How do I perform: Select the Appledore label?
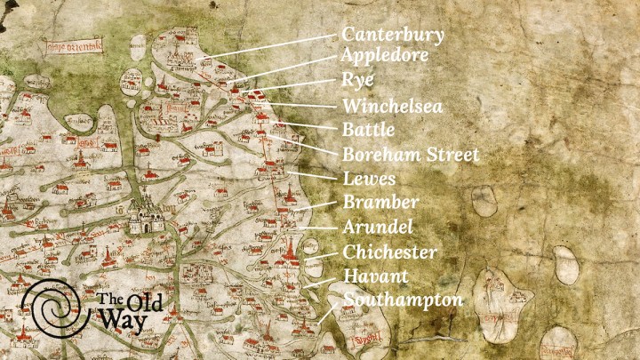click(385, 56)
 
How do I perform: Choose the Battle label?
click(368, 130)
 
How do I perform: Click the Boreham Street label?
click(411, 155)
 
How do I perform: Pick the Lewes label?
click(369, 179)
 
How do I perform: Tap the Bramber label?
click(380, 203)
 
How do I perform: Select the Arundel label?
click(378, 227)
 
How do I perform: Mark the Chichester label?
click(389, 252)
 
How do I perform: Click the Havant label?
click(374, 276)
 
